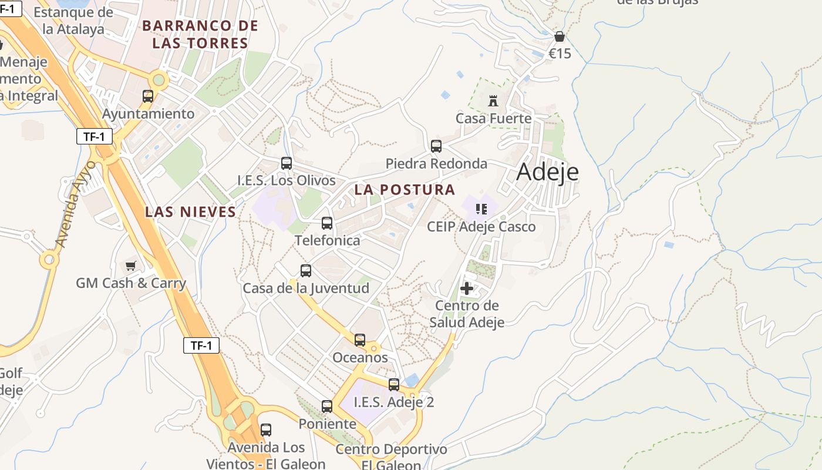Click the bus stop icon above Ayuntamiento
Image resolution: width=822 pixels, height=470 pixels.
[x=148, y=96]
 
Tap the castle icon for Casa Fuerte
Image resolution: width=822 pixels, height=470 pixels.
[x=493, y=101]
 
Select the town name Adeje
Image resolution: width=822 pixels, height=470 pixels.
[x=547, y=172]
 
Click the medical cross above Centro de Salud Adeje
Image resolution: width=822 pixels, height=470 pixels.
[x=467, y=288]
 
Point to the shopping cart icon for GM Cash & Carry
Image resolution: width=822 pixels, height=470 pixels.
[x=130, y=266]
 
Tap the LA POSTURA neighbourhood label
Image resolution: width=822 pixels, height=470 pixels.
[x=405, y=190]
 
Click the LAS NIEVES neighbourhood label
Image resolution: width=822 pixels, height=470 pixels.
[x=190, y=212]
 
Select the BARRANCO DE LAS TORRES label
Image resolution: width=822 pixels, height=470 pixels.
[x=200, y=35]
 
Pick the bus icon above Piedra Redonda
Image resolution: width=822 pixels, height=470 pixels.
[x=436, y=146]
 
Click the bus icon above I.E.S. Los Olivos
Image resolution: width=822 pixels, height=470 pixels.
[x=287, y=163]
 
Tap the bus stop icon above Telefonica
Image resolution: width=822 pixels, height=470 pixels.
[x=327, y=223]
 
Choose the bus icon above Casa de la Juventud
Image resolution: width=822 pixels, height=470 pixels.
[x=306, y=271]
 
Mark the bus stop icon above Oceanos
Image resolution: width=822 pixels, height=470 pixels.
[x=360, y=340]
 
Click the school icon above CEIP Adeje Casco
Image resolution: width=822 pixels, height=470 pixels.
[x=481, y=209]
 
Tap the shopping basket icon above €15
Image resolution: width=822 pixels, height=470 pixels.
[x=560, y=37]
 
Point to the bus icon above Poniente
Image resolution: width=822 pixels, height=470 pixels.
[x=327, y=406]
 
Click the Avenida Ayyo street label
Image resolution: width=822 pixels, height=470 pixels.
[x=74, y=203]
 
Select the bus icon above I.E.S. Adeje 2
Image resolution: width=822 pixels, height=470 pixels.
[x=394, y=385]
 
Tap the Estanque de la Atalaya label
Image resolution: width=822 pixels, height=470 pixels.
[x=73, y=21]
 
